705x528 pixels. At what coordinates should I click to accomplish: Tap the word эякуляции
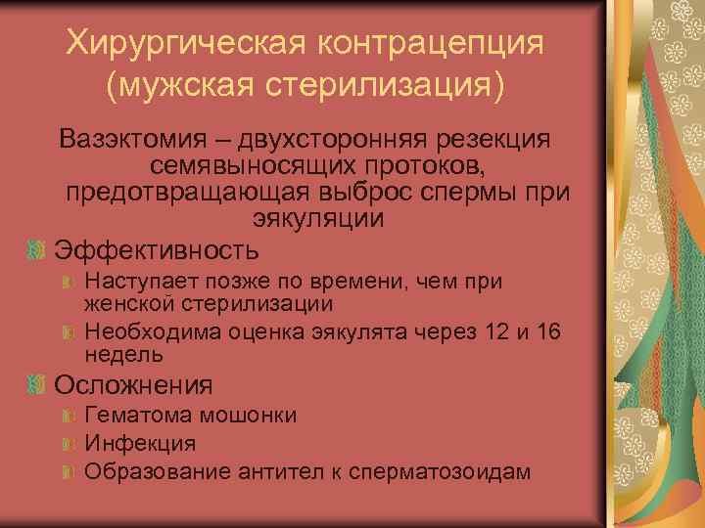click(318, 219)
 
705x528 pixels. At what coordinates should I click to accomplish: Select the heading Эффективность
click(157, 249)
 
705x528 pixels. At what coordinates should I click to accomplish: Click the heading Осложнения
click(133, 385)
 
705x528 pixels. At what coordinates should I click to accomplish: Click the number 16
click(549, 331)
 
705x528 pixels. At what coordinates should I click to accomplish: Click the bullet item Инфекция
click(140, 443)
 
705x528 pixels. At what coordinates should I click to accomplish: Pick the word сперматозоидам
click(446, 471)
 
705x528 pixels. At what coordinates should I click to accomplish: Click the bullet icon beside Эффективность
click(36, 250)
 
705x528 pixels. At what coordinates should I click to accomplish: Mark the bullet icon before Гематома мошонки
click(67, 417)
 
